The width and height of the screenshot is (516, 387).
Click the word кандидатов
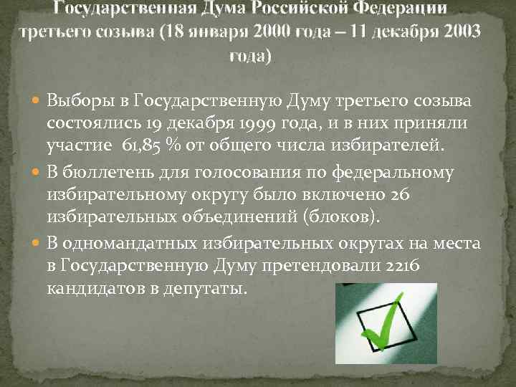(x=92, y=289)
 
